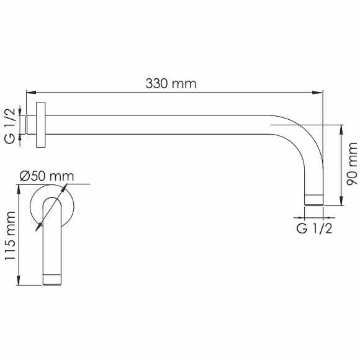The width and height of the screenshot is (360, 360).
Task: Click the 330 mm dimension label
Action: pyautogui.click(x=172, y=83)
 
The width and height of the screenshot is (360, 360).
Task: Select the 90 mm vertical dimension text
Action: pyautogui.click(x=351, y=164)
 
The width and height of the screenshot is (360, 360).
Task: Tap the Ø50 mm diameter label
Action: pyautogui.click(x=47, y=176)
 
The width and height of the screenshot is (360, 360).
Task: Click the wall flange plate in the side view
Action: pyautogui.click(x=41, y=125)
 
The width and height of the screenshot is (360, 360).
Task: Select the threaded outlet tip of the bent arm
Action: pyautogui.click(x=313, y=200)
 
